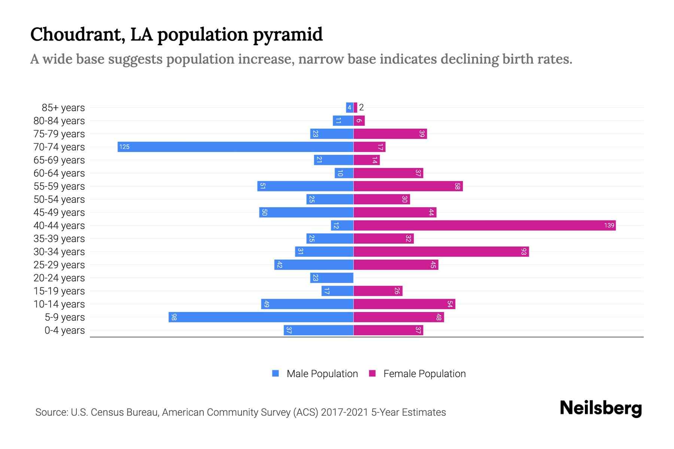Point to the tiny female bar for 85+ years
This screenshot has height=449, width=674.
pyautogui.click(x=355, y=107)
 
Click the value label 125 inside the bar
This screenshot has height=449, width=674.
pyautogui.click(x=124, y=147)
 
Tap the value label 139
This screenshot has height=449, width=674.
pyautogui.click(x=609, y=225)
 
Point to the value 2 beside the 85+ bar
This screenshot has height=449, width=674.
pyautogui.click(x=361, y=107)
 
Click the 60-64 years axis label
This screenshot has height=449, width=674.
pyautogui.click(x=59, y=173)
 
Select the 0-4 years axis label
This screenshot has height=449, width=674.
pyautogui.click(x=64, y=330)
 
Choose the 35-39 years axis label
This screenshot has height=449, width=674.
pyautogui.click(x=59, y=239)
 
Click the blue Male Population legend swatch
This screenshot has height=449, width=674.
pyautogui.click(x=276, y=373)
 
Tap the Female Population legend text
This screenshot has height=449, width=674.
pyautogui.click(x=424, y=374)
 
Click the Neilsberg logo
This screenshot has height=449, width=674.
pyautogui.click(x=601, y=408)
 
